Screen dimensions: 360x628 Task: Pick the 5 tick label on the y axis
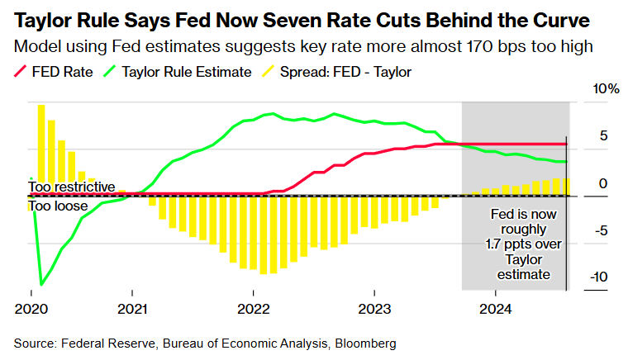[x=603, y=135]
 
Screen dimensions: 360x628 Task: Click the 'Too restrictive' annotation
[x=71, y=187]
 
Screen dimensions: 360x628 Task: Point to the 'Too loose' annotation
[x=58, y=206]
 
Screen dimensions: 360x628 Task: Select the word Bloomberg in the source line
[x=367, y=342]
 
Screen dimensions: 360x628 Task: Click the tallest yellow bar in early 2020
[x=40, y=149]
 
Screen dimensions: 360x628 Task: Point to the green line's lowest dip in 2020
[x=41, y=284]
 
